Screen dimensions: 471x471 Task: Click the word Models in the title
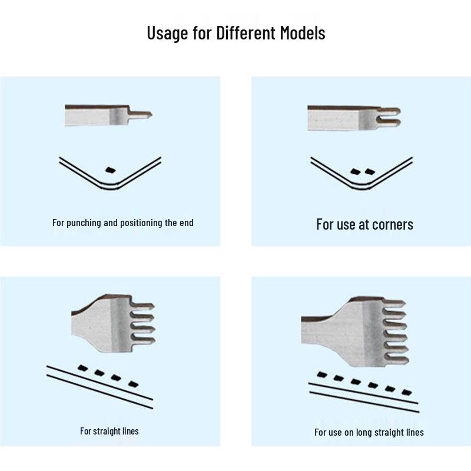tap(303, 33)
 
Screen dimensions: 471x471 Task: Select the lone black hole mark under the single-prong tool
tap(111, 170)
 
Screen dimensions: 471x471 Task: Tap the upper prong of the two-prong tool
tap(389, 111)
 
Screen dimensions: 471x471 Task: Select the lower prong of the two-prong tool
tap(389, 122)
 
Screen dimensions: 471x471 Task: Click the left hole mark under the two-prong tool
tap(356, 171)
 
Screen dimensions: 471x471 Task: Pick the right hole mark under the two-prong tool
tap(370, 172)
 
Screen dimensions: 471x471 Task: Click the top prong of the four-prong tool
tap(143, 306)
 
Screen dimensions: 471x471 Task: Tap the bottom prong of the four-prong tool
tap(143, 341)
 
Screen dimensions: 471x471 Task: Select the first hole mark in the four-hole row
tap(82, 368)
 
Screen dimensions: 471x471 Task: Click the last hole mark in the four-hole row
tap(134, 384)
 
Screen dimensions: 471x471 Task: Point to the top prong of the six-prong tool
tap(394, 303)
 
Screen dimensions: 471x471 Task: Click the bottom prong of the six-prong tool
tap(397, 359)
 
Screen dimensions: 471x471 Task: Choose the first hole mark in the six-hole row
tap(321, 374)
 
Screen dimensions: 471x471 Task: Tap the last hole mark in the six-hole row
tap(407, 392)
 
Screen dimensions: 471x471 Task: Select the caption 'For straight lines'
tap(110, 432)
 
